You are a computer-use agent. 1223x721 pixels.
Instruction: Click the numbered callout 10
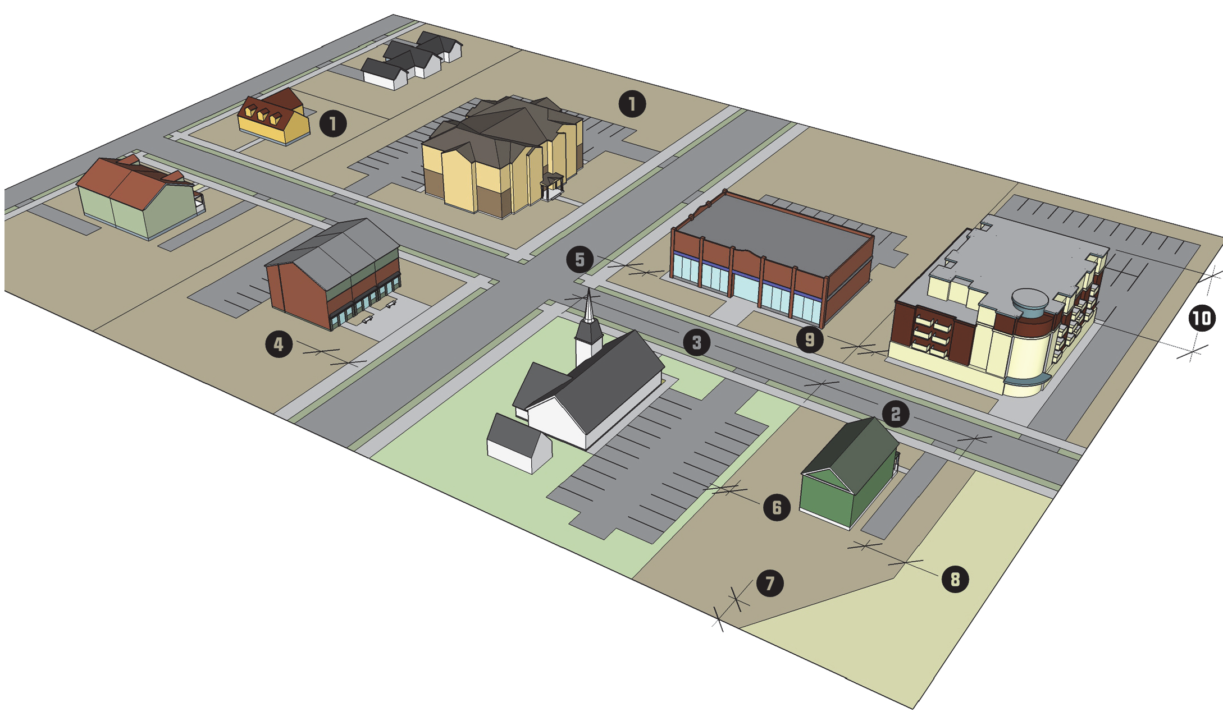click(x=1202, y=319)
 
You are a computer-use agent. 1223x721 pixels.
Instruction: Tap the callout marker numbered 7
click(x=769, y=583)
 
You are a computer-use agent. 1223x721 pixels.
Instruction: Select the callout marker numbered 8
click(x=955, y=578)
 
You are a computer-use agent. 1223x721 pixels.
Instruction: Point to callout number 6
click(x=777, y=507)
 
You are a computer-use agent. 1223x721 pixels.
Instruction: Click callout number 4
click(x=279, y=343)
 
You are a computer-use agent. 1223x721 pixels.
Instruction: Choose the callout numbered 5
click(x=579, y=260)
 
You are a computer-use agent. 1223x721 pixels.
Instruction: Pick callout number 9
click(x=809, y=339)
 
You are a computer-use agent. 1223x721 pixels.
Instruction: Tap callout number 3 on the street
click(x=696, y=342)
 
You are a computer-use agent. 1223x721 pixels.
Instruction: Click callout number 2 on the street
click(x=895, y=414)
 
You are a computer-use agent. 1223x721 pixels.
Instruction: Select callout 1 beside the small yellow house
click(x=333, y=123)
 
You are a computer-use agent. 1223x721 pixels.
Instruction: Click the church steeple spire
click(x=588, y=306)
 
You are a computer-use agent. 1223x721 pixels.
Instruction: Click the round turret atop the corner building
click(x=1029, y=303)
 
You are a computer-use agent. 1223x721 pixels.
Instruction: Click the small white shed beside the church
click(x=518, y=443)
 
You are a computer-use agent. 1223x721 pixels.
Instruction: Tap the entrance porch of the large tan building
click(x=551, y=187)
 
